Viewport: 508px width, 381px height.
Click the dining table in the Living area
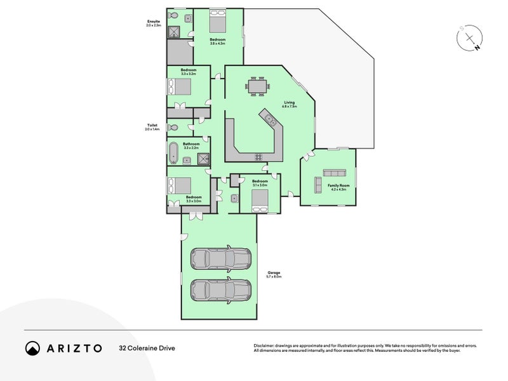click(257, 86)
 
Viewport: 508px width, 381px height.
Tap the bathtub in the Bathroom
click(173, 154)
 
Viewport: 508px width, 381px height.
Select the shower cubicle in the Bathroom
click(203, 159)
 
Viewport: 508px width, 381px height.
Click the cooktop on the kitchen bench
click(258, 157)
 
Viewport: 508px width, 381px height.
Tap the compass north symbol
click(471, 39)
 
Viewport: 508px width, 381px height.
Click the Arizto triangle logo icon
click(32, 348)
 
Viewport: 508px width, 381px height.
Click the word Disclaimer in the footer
click(266, 345)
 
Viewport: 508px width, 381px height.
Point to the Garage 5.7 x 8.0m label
click(274, 274)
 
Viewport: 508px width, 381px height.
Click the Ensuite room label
click(154, 23)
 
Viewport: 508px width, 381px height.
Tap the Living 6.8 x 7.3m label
click(290, 104)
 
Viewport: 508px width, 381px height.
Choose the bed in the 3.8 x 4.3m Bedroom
click(217, 22)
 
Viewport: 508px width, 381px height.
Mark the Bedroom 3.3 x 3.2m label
click(188, 72)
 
